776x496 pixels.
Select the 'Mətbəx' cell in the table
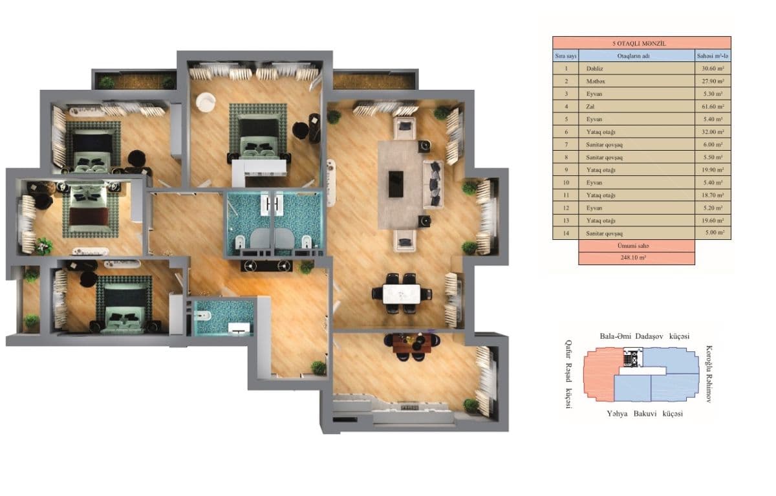coord(596,81)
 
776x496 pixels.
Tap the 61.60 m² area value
coord(713,107)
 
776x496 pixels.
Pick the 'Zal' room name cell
coord(590,107)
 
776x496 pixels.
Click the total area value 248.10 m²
coord(636,258)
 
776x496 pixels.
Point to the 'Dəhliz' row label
coord(595,69)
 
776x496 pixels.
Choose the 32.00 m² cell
coord(713,132)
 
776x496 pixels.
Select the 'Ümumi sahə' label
coord(636,246)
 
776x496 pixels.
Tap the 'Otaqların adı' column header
coord(636,56)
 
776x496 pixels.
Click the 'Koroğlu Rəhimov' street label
coord(709,373)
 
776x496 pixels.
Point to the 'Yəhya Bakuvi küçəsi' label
coord(645,413)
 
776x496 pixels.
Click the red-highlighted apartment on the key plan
coord(598,372)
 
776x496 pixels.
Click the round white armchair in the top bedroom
coord(206,101)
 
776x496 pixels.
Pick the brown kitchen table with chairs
coord(409,345)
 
